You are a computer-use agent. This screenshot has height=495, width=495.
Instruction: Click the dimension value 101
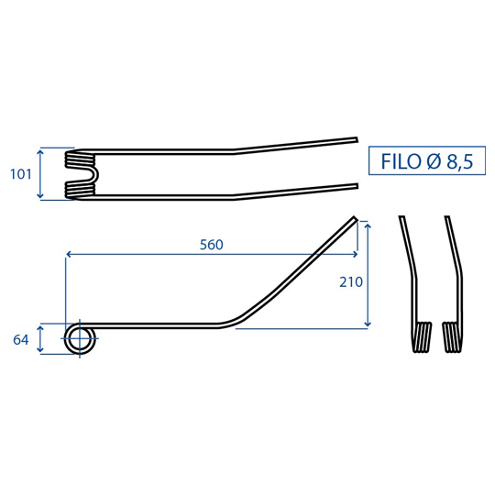click(x=21, y=174)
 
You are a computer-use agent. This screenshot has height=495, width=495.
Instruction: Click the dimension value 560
click(x=211, y=245)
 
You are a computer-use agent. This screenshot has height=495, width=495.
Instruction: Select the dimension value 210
click(x=351, y=282)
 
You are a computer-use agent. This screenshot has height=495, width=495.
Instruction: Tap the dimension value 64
click(x=21, y=340)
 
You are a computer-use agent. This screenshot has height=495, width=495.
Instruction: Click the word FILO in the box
click(x=401, y=161)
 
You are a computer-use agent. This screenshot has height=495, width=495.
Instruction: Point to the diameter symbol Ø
click(x=434, y=161)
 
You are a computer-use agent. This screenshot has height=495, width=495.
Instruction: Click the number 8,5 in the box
click(x=459, y=162)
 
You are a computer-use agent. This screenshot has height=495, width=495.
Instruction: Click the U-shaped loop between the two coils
click(x=93, y=174)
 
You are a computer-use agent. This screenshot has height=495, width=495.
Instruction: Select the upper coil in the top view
click(x=80, y=159)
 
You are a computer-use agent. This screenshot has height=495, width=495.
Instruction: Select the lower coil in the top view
click(x=80, y=190)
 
